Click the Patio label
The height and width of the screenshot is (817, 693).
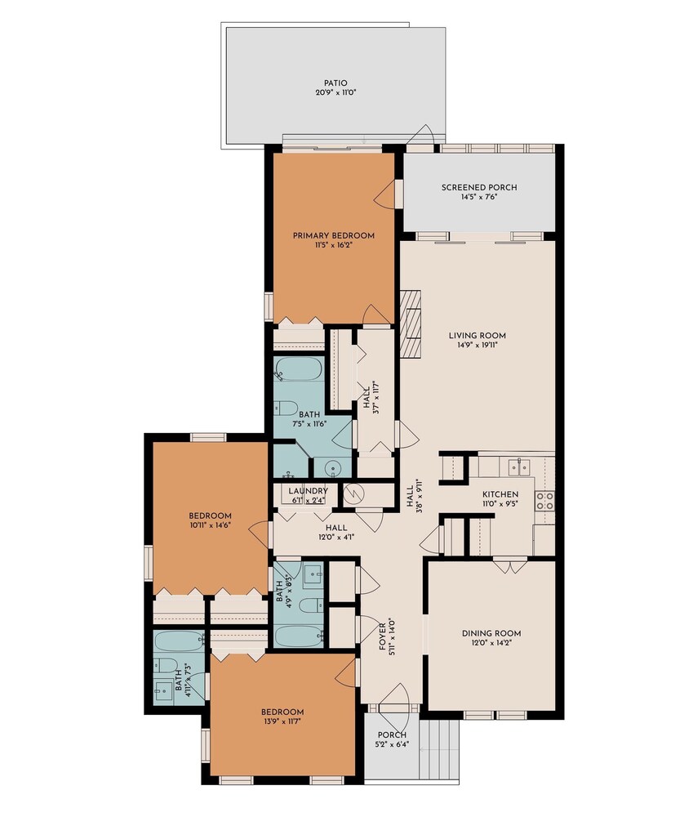[335, 83]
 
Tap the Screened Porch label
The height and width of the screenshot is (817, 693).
[479, 188]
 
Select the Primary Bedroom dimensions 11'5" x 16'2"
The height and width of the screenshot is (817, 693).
[333, 245]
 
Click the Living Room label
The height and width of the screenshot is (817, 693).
[477, 336]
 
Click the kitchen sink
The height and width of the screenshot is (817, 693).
[519, 467]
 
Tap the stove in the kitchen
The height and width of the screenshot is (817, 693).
[544, 500]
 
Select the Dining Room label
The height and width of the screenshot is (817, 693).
[491, 634]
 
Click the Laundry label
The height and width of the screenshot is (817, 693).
[308, 491]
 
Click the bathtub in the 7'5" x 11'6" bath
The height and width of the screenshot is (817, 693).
[298, 369]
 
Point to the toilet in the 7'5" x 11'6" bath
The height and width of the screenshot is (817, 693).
[286, 408]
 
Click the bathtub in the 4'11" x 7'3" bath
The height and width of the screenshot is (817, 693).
[179, 641]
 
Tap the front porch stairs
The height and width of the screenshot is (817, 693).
[439, 750]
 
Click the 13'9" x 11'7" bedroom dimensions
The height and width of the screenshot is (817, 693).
[282, 721]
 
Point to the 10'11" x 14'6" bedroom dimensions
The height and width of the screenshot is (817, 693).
[210, 525]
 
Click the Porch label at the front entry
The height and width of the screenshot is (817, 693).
[392, 735]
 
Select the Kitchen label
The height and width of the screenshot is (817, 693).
[500, 494]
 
